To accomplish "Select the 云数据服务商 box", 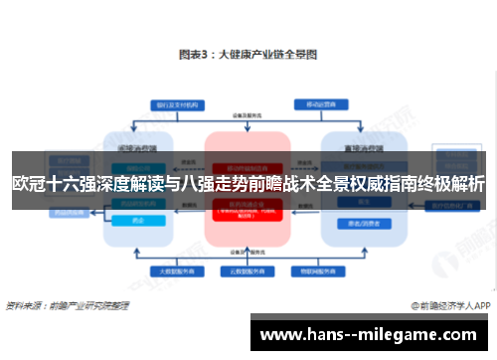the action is click(248, 270).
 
